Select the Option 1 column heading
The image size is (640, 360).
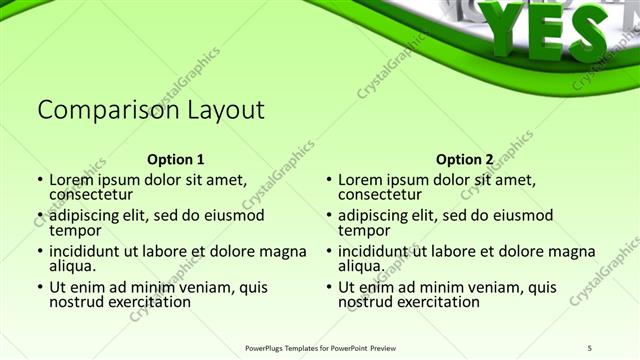point(175,159)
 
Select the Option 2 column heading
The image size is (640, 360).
point(464,159)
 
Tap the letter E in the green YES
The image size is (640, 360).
point(546,30)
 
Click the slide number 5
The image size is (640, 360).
point(591,347)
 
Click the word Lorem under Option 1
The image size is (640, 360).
point(72,180)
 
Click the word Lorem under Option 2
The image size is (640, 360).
point(361,180)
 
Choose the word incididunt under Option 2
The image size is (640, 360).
point(377,252)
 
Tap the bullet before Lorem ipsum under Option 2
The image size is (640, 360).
point(329,180)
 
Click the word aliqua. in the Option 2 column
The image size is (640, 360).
point(361,266)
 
